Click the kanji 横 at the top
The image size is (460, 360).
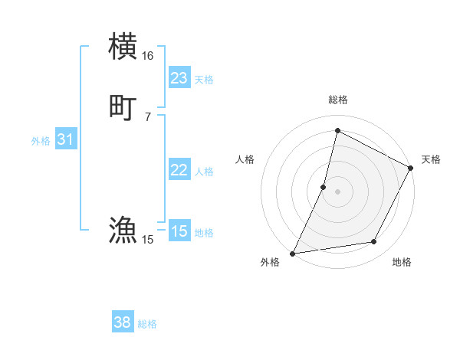click(x=123, y=46)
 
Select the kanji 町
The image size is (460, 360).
click(x=123, y=107)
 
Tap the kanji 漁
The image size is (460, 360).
click(x=123, y=230)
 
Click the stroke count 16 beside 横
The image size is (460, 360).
click(x=147, y=56)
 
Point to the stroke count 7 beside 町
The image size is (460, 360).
click(x=147, y=116)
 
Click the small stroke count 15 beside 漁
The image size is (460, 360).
click(x=147, y=240)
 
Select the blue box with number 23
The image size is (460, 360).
click(x=179, y=78)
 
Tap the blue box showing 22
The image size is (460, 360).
click(x=179, y=170)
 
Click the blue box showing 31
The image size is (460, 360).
click(x=65, y=139)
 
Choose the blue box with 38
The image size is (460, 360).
click(x=123, y=322)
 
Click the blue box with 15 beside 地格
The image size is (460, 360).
click(x=179, y=231)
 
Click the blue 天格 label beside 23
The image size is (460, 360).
click(x=204, y=80)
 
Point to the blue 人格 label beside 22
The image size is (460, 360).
click(x=204, y=172)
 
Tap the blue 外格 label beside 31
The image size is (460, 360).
click(x=41, y=141)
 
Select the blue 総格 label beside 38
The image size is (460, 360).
click(x=147, y=324)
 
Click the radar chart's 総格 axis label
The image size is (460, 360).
click(x=337, y=100)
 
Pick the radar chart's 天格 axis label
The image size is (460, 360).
click(x=431, y=159)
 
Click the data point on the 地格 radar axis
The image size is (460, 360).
click(x=374, y=242)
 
